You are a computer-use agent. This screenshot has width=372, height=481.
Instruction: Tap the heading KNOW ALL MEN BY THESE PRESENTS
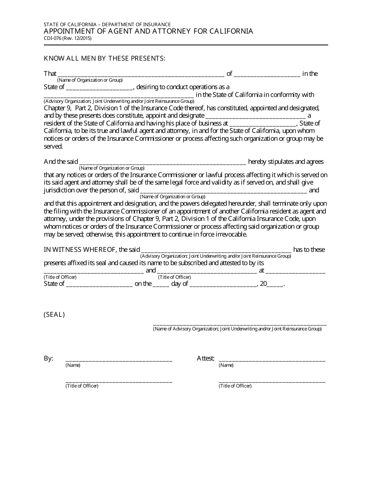(105, 58)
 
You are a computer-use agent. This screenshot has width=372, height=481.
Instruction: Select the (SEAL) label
(54, 314)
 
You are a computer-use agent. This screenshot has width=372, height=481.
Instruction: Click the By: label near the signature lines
(49, 358)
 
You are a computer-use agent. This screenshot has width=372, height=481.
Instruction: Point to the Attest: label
(206, 358)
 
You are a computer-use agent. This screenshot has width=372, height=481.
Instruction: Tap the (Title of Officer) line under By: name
(119, 380)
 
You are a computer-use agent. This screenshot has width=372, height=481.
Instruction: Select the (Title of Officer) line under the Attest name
(272, 380)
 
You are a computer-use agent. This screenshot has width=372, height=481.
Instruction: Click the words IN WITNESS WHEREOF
(80, 249)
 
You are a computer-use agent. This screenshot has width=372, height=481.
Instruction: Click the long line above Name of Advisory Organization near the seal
(239, 325)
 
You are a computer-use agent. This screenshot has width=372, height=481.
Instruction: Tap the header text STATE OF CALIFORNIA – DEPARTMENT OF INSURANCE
(107, 24)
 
